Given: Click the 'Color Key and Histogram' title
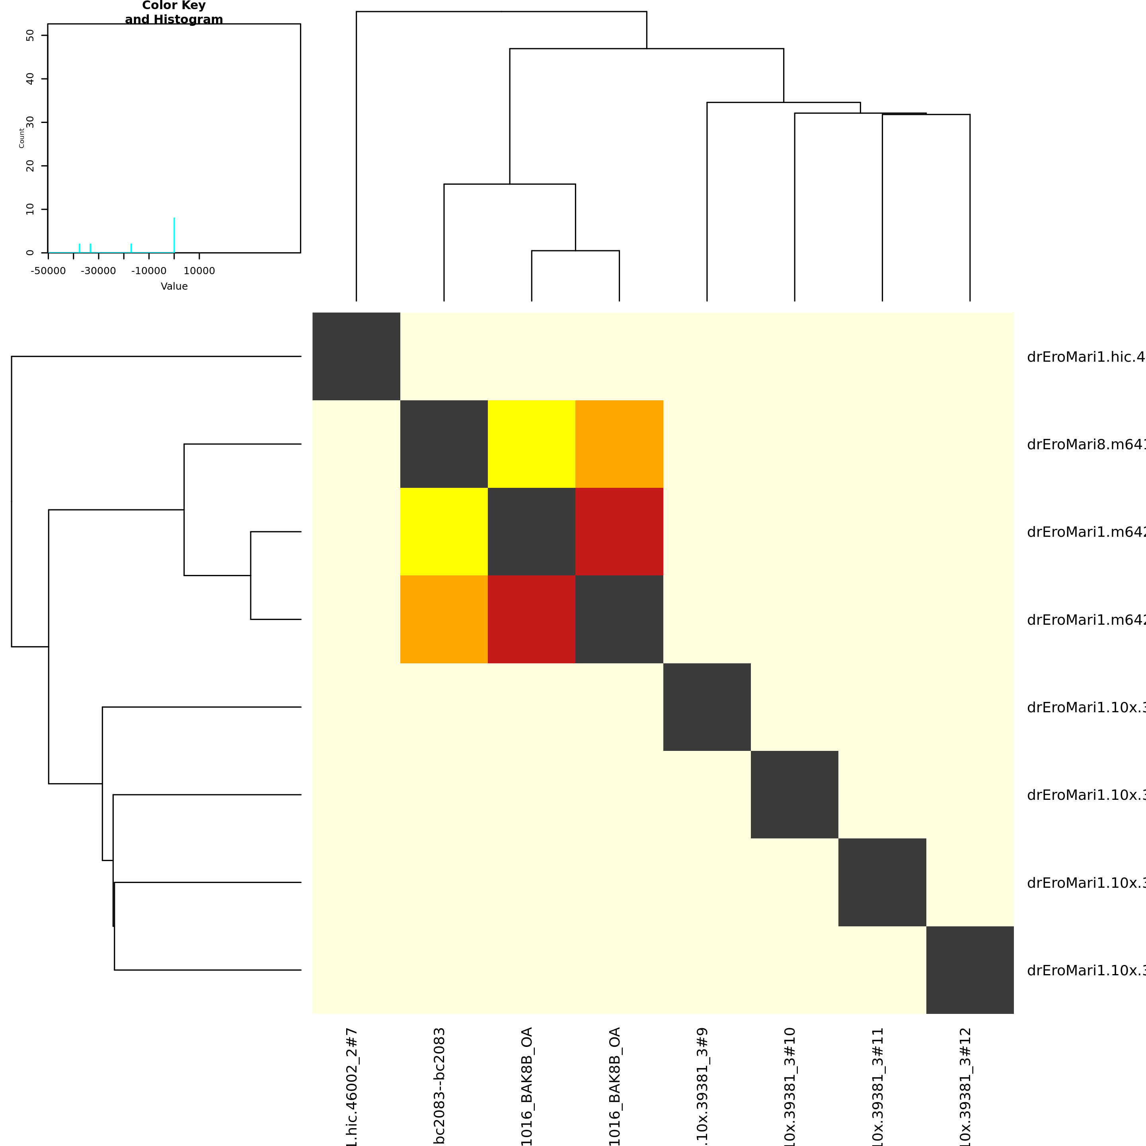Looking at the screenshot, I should tap(174, 12).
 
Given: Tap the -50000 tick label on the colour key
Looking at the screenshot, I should tap(48, 271).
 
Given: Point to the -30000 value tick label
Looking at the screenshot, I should tap(98, 271).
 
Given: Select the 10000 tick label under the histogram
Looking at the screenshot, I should tap(199, 271).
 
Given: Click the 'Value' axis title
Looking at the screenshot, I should tap(174, 286).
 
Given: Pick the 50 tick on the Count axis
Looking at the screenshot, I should tap(30, 35).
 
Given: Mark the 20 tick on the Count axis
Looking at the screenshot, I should tap(30, 166).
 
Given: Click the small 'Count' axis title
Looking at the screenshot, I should tap(22, 138).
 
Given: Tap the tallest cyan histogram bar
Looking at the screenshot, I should tap(174, 235).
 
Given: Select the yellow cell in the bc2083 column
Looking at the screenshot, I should tap(444, 532).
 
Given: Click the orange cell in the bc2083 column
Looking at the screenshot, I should tap(444, 619).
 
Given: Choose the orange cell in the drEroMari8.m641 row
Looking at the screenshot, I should tap(619, 444).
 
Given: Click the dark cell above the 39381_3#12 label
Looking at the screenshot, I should tap(970, 970).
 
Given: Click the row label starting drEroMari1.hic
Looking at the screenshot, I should tap(1086, 357).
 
